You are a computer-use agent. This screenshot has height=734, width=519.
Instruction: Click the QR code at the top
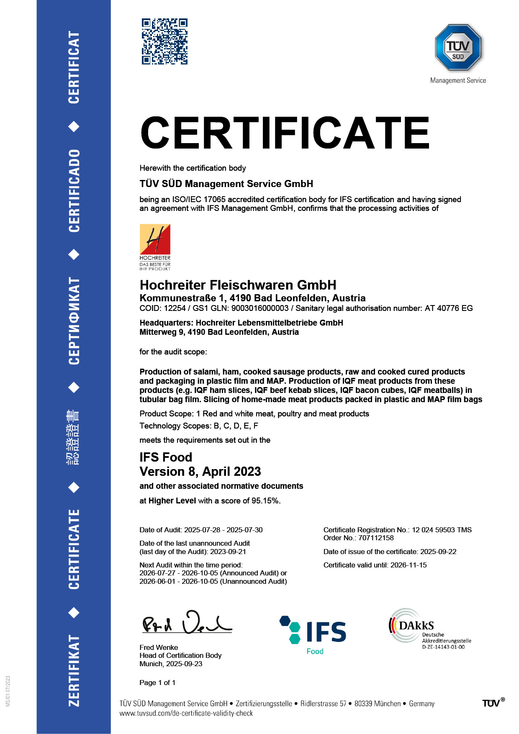[x=164, y=41]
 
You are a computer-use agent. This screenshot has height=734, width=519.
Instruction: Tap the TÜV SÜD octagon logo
[x=458, y=47]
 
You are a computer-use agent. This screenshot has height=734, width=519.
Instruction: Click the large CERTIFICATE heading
[x=285, y=133]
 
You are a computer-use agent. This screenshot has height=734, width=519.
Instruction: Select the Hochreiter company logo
[x=155, y=247]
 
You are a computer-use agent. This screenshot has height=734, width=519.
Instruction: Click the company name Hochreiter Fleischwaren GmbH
[x=238, y=285]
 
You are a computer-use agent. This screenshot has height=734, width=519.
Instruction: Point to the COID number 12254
[x=175, y=308]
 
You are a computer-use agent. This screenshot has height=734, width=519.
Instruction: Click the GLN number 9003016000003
[x=260, y=308]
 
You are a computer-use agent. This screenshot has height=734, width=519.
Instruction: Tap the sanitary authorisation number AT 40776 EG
[x=449, y=308]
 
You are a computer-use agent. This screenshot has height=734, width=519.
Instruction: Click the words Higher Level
[x=172, y=501]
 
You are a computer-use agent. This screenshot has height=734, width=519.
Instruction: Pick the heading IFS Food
[x=166, y=457]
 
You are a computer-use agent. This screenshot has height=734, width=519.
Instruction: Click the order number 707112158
[x=376, y=538]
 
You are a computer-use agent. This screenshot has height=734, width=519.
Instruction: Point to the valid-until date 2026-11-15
[x=409, y=565]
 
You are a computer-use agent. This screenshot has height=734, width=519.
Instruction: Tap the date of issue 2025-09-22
[x=438, y=552]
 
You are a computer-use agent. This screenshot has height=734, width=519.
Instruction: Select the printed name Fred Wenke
[x=159, y=648]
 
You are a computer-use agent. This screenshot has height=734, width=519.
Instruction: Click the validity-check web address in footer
[x=186, y=713]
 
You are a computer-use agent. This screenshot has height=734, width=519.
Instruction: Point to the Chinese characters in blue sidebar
[x=74, y=437]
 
